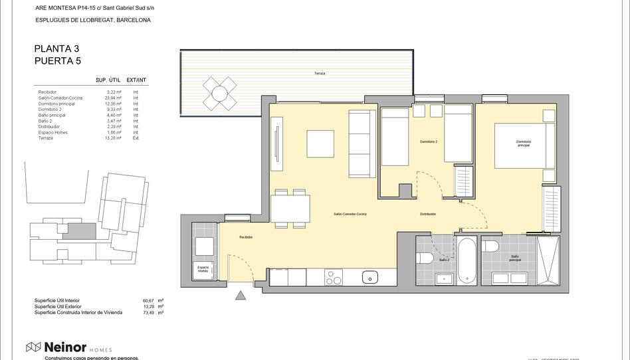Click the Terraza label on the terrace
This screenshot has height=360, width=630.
[x=320, y=73]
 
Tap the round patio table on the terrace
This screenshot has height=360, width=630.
[x=219, y=94]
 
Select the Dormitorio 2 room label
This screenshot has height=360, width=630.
[x=429, y=142]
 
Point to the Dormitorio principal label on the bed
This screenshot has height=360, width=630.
[x=524, y=143]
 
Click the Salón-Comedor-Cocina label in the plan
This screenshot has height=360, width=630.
[x=350, y=215]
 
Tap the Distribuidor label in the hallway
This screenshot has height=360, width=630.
[x=428, y=215]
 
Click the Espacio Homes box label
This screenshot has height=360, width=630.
[x=203, y=269]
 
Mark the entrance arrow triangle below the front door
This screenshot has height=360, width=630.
[x=240, y=296]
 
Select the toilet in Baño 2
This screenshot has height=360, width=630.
[x=426, y=257]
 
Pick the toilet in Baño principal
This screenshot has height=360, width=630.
[x=491, y=247]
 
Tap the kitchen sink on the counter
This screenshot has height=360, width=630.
[x=369, y=277]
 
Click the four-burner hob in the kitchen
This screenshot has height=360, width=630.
[x=334, y=278]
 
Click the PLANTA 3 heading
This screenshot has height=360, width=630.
[x=56, y=48]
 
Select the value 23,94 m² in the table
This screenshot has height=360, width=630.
[x=114, y=98]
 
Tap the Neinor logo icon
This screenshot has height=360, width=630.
[x=33, y=347]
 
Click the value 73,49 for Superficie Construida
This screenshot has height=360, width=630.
[x=148, y=312]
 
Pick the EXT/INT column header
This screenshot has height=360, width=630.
[x=136, y=80]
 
